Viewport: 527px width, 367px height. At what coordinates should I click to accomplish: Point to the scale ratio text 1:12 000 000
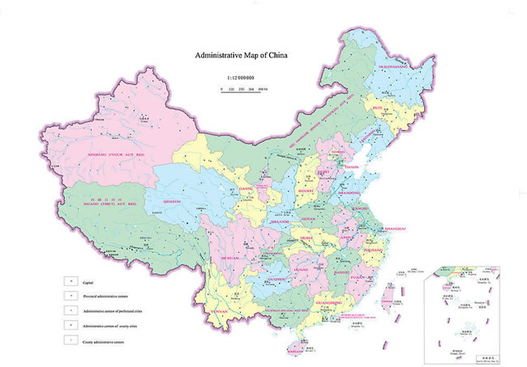236,76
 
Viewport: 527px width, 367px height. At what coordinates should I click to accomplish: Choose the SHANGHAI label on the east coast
395,229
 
